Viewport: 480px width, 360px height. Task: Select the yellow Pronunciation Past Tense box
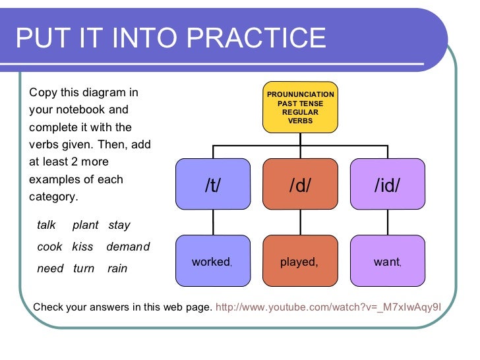(300, 107)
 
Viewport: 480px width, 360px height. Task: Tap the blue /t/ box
(213, 186)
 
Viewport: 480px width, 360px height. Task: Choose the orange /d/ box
(300, 186)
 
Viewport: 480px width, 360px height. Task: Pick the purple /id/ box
(387, 186)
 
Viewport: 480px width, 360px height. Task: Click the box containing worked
(213, 262)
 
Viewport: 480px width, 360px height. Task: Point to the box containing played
(300, 262)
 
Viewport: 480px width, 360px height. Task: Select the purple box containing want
(387, 262)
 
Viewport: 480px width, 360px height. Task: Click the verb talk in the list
(47, 225)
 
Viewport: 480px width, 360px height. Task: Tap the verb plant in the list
(85, 225)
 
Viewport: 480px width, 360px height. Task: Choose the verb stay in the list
(119, 225)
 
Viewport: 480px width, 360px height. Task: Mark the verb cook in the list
(49, 247)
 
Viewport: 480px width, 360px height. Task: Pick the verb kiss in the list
(82, 247)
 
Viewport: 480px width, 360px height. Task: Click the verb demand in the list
(128, 247)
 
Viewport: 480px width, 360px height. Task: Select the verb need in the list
(50, 269)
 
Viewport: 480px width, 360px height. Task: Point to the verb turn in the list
(84, 269)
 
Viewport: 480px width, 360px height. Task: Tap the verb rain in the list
(117, 269)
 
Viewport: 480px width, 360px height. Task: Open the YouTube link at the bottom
(328, 307)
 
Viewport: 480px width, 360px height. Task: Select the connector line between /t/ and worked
(213, 222)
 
